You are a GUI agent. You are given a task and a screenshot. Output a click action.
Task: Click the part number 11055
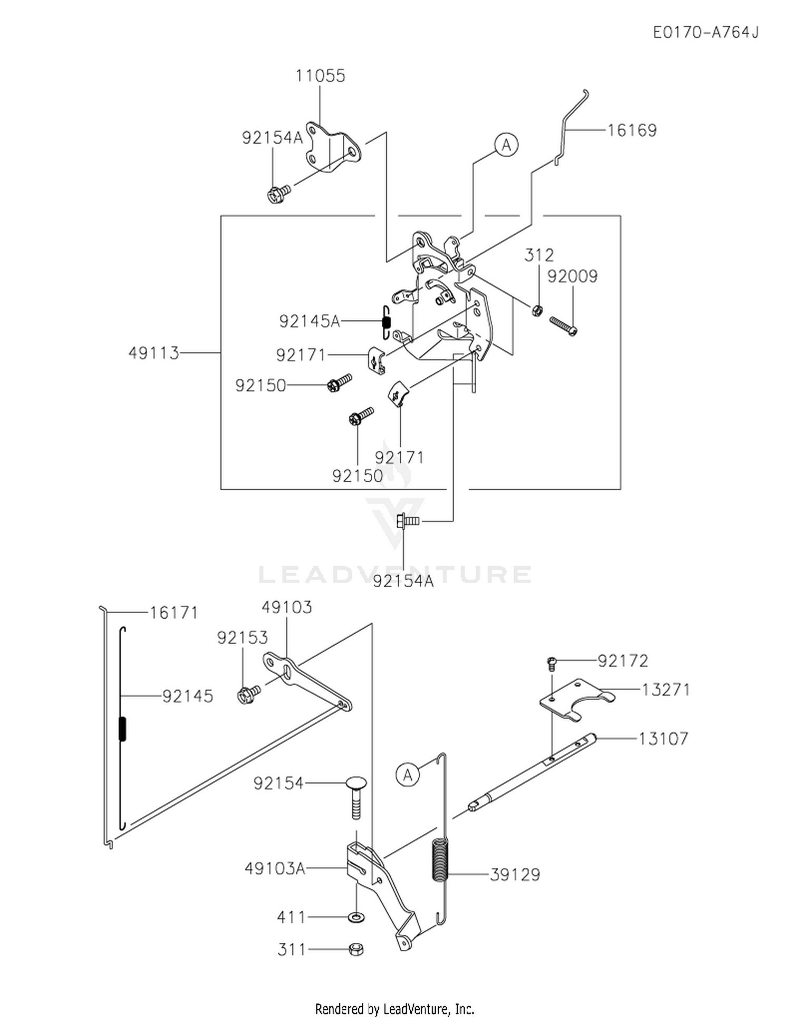(x=320, y=75)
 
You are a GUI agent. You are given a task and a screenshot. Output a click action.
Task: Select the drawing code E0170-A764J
(x=706, y=32)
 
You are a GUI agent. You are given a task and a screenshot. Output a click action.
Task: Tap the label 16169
(x=632, y=130)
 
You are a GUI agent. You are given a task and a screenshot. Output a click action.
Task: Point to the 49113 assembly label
(x=154, y=352)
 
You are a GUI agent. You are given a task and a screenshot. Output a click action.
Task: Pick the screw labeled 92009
(x=564, y=326)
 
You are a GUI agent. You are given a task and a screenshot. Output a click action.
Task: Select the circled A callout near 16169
(x=506, y=145)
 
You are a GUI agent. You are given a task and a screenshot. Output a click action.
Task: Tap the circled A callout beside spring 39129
(x=408, y=775)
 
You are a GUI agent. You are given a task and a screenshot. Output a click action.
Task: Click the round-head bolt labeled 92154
(x=356, y=797)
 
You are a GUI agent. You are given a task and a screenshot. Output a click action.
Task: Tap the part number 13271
(x=665, y=689)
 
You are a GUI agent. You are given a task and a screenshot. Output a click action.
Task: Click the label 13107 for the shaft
(x=663, y=738)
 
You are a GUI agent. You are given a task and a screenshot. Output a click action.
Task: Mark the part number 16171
(x=173, y=613)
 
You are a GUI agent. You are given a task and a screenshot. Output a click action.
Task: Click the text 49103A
(x=275, y=868)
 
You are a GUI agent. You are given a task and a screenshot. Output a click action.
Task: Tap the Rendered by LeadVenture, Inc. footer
(x=394, y=1009)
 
